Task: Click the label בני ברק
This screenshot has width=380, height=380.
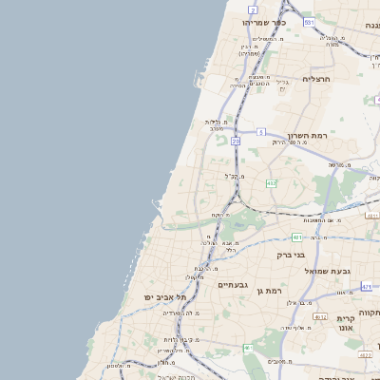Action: pos(290,255)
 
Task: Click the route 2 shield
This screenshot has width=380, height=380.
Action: pos(254,9)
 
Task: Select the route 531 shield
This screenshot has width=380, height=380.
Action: pos(309,21)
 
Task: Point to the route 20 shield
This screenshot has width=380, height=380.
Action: pos(235,141)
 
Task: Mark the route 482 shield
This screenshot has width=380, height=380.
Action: pos(271,183)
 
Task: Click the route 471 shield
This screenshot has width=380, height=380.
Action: pos(367,285)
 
